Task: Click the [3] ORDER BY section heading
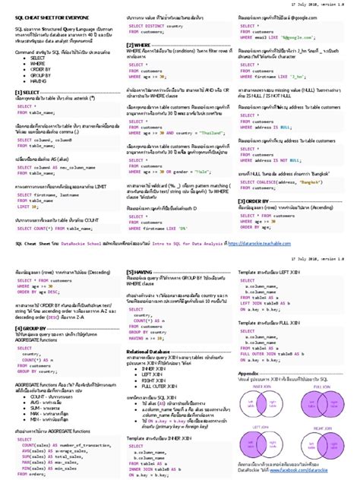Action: [x=257, y=201]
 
